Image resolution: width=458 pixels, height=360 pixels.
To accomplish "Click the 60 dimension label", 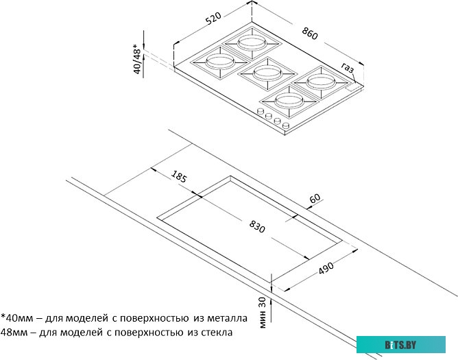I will pos(315,199).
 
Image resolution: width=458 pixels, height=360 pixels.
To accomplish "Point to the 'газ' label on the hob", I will pos(348,67).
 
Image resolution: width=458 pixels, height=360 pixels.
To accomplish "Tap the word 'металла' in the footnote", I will pos(217,318).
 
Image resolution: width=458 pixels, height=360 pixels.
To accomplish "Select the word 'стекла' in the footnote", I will pos(213,333).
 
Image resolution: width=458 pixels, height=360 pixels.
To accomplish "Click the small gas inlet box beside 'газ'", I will pos(354,87).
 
